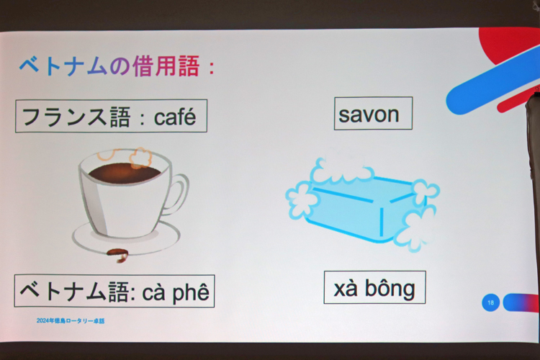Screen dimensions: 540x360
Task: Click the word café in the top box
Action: (175, 117)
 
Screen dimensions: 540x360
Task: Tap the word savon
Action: (369, 114)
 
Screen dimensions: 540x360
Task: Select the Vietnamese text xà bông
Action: (374, 289)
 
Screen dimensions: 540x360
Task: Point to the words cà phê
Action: (176, 292)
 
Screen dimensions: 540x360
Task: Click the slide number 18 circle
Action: (491, 303)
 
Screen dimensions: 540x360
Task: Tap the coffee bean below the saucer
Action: (118, 255)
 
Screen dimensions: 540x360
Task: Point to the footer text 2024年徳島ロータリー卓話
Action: (71, 320)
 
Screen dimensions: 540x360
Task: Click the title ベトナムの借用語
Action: (109, 66)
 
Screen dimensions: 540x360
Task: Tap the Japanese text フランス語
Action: (76, 116)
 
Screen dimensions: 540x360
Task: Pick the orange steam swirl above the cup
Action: (140, 158)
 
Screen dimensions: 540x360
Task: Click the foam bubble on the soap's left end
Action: (298, 201)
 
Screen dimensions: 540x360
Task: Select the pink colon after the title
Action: (212, 68)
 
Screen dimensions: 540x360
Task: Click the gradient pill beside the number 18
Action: (521, 303)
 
